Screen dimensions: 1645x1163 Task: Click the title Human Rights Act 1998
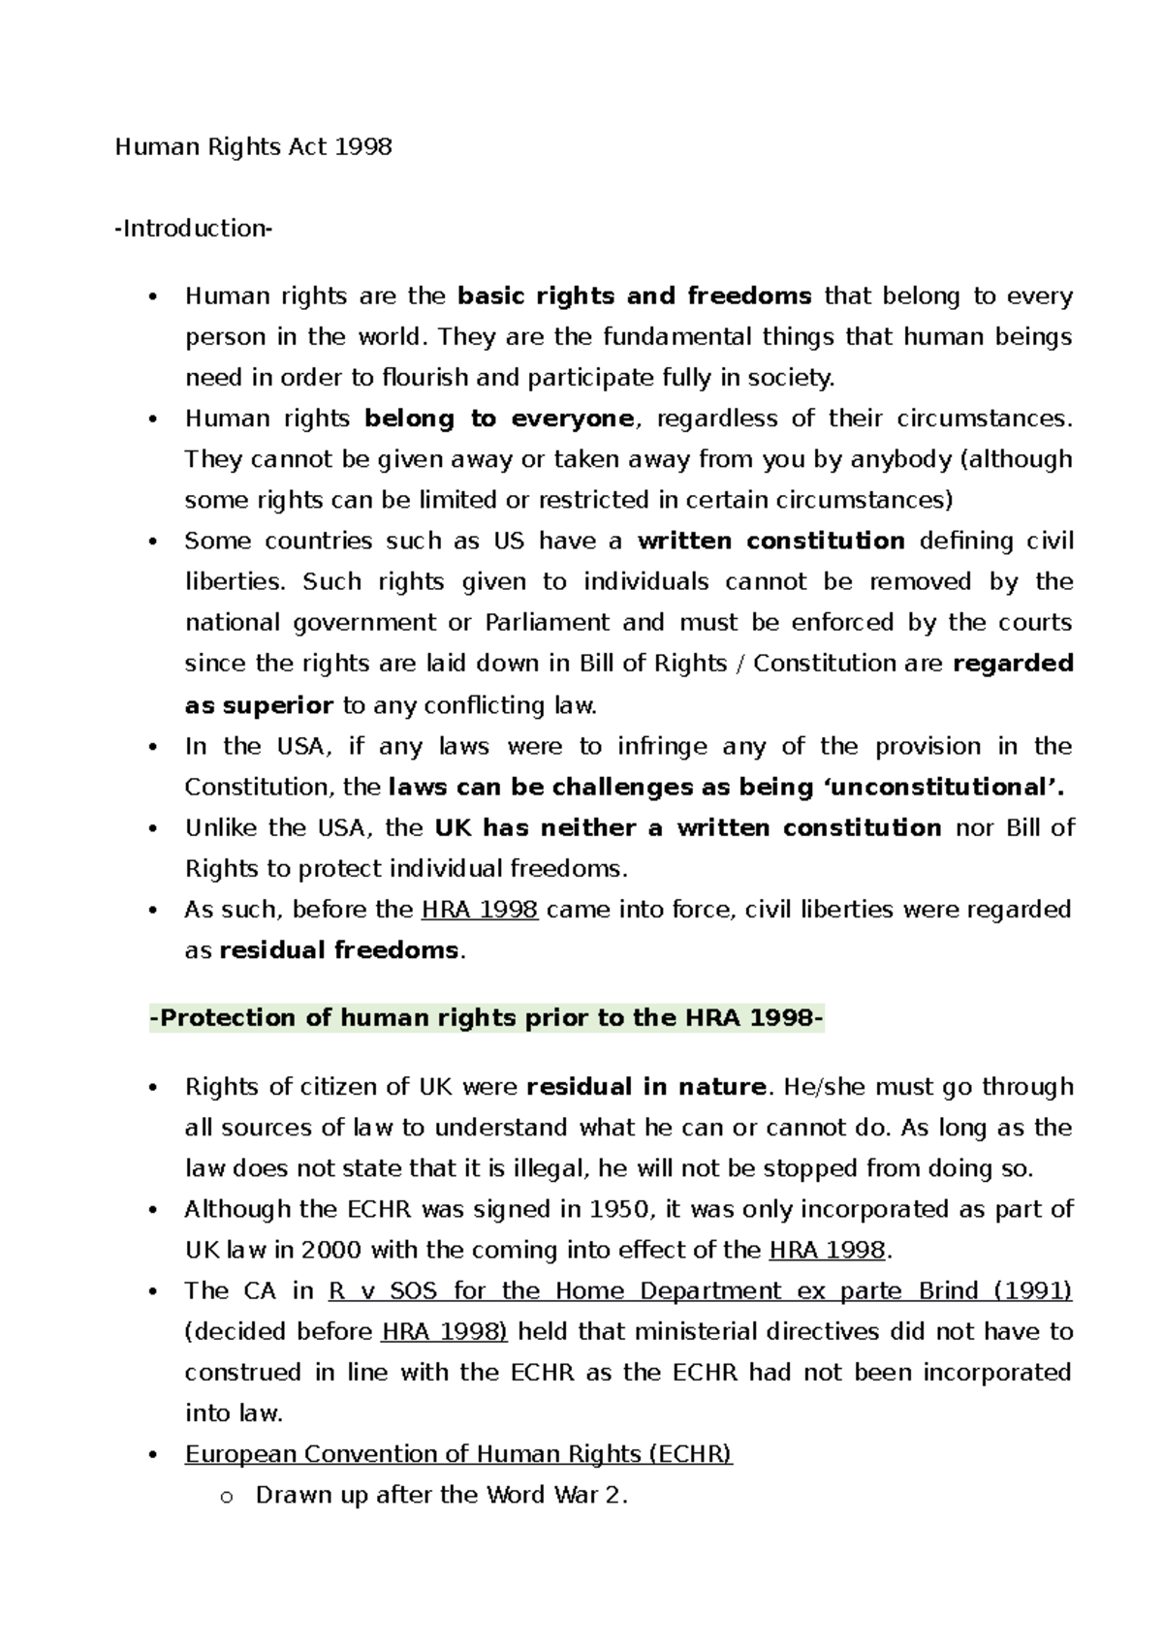click(253, 147)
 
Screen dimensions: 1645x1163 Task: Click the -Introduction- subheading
click(194, 229)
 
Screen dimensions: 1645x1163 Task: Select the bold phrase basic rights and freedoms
click(634, 295)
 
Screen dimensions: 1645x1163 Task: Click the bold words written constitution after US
click(770, 541)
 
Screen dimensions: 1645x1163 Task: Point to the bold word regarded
click(1014, 664)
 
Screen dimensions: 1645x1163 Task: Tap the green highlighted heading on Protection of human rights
click(487, 1018)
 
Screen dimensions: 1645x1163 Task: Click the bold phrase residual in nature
click(645, 1087)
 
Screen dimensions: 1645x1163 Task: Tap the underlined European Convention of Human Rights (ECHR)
click(458, 1454)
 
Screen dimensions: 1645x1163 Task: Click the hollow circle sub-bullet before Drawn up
click(227, 1497)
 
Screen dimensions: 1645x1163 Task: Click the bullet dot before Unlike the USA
click(153, 829)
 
